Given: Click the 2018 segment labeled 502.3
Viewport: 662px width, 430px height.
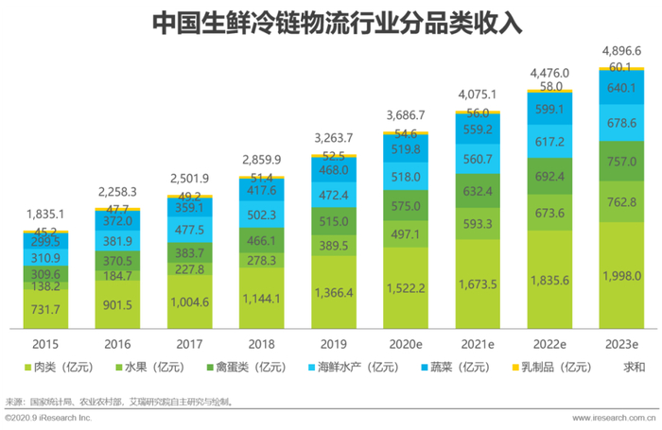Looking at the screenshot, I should [261, 215].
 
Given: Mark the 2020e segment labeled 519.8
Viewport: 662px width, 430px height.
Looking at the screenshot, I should [406, 149].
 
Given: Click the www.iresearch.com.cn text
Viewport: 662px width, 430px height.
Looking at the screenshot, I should [615, 417].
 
